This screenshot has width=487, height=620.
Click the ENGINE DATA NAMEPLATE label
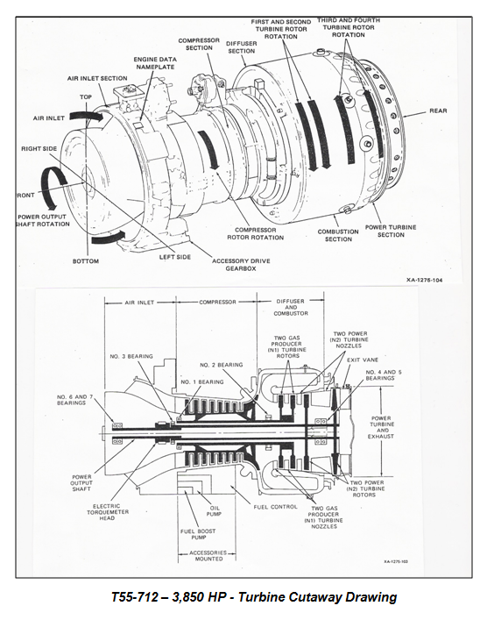155,63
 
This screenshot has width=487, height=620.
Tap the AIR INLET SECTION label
97,78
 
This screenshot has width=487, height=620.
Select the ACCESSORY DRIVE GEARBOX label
241,265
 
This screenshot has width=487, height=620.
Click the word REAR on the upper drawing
438,110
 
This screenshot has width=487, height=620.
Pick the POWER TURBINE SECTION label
391,231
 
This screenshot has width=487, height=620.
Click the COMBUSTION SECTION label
338,235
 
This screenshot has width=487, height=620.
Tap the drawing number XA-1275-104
425,280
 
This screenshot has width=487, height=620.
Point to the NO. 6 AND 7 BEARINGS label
71,400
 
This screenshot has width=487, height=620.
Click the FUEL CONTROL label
275,507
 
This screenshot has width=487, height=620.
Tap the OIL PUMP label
214,511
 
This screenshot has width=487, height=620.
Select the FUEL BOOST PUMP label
199,534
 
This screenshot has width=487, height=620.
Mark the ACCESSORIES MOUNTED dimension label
208,556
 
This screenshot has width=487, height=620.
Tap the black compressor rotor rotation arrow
208,150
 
